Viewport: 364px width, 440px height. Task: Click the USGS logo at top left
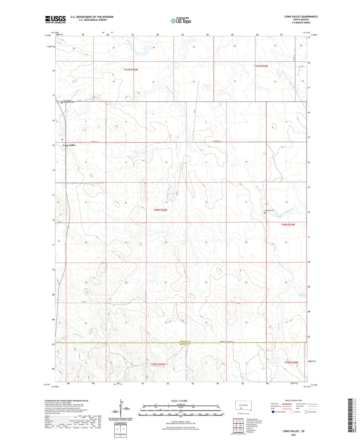pos(55,19)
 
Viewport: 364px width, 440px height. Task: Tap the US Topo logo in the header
pos(181,21)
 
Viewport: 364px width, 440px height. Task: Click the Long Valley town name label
pos(69,145)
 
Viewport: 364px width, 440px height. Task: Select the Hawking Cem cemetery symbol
pos(264,213)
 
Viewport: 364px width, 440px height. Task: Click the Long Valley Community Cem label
pos(69,101)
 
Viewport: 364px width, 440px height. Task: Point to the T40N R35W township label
pos(160,210)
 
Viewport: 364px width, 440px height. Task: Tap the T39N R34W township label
pos(291,362)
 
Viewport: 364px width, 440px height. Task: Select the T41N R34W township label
pos(261,66)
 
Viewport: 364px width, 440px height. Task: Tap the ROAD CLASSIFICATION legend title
pos(293,400)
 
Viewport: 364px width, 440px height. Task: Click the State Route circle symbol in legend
pos(306,412)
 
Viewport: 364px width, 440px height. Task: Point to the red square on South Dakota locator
pos(241,409)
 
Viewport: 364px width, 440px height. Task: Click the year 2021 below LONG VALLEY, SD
pos(293,435)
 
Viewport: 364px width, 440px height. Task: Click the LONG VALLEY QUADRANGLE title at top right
pos(301,17)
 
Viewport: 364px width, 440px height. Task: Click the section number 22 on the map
pos(166,242)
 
